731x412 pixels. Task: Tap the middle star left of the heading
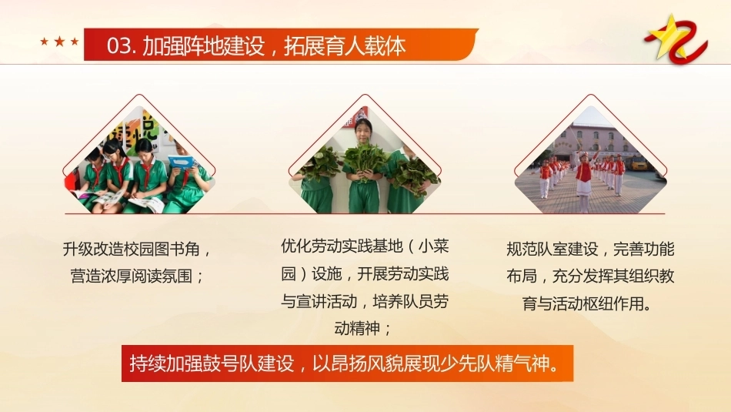point(59,42)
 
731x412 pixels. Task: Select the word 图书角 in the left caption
point(177,250)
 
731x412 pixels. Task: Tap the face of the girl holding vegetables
point(364,132)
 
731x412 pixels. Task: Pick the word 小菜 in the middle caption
point(433,246)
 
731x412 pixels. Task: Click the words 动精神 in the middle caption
point(357,329)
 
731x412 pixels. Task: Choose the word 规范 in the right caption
point(522,250)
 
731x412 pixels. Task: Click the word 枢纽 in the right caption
point(598,303)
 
